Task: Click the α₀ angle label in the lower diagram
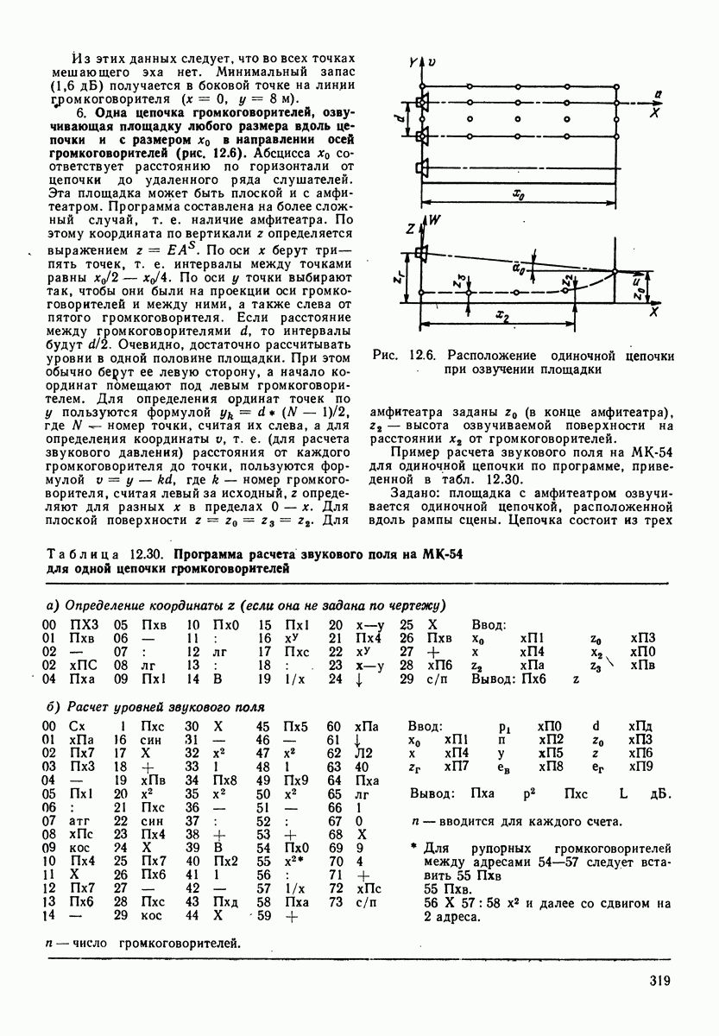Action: (x=518, y=269)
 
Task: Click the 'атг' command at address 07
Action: (x=76, y=835)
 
